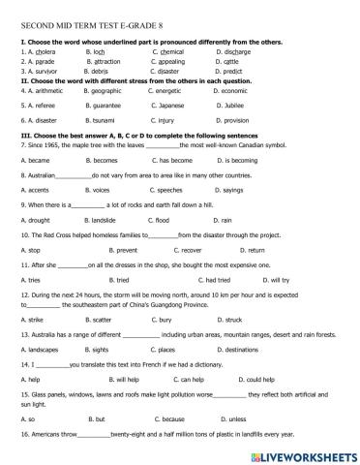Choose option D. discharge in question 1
tap(236, 51)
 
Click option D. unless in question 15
tap(226, 419)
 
